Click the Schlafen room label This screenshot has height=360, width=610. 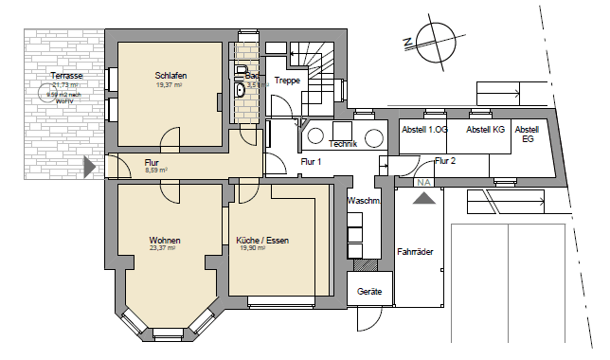[170, 76]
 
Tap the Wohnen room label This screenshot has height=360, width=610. [164, 240]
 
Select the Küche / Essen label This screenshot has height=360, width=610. [262, 241]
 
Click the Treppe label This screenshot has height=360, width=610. [287, 81]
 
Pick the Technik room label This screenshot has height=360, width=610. [342, 144]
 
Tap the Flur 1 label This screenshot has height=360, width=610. [313, 162]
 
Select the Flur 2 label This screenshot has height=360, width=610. [445, 161]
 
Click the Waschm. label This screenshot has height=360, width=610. [364, 202]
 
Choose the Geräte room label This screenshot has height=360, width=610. [369, 292]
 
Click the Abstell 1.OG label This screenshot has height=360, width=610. [424, 130]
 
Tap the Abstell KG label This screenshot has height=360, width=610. [485, 130]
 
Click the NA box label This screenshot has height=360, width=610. [423, 182]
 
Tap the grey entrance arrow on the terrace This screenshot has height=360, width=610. [90, 169]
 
